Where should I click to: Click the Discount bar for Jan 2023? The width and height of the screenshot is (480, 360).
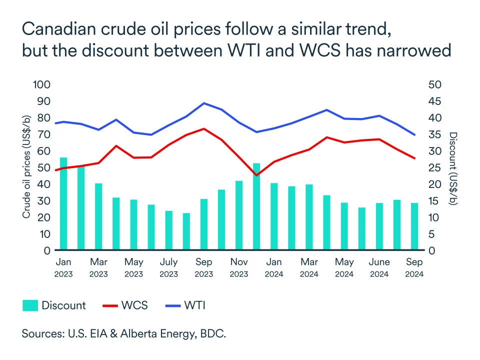tap(63, 204)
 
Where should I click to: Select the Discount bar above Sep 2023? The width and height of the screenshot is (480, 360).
tap(204, 224)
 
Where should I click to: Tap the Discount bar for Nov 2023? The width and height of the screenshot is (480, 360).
tap(239, 215)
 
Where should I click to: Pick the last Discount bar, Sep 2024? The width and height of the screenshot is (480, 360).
tap(414, 226)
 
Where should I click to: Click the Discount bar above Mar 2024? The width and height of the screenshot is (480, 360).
tap(309, 217)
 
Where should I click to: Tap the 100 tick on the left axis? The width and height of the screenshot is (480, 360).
tap(41, 84)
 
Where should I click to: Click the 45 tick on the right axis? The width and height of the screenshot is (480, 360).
tap(435, 101)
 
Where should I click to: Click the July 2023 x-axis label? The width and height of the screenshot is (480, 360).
tap(169, 267)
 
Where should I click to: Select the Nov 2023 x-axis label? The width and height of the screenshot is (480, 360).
tap(239, 267)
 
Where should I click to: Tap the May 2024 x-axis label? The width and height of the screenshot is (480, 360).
tap(344, 267)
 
